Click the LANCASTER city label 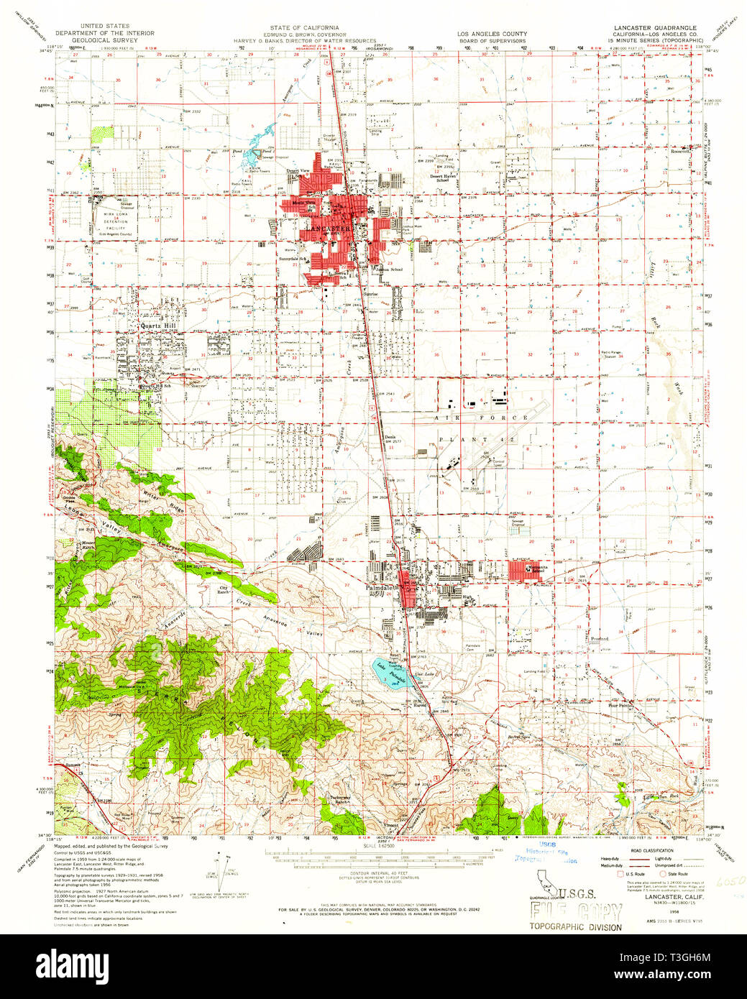click(x=329, y=229)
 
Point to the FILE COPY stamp click(x=574, y=911)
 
